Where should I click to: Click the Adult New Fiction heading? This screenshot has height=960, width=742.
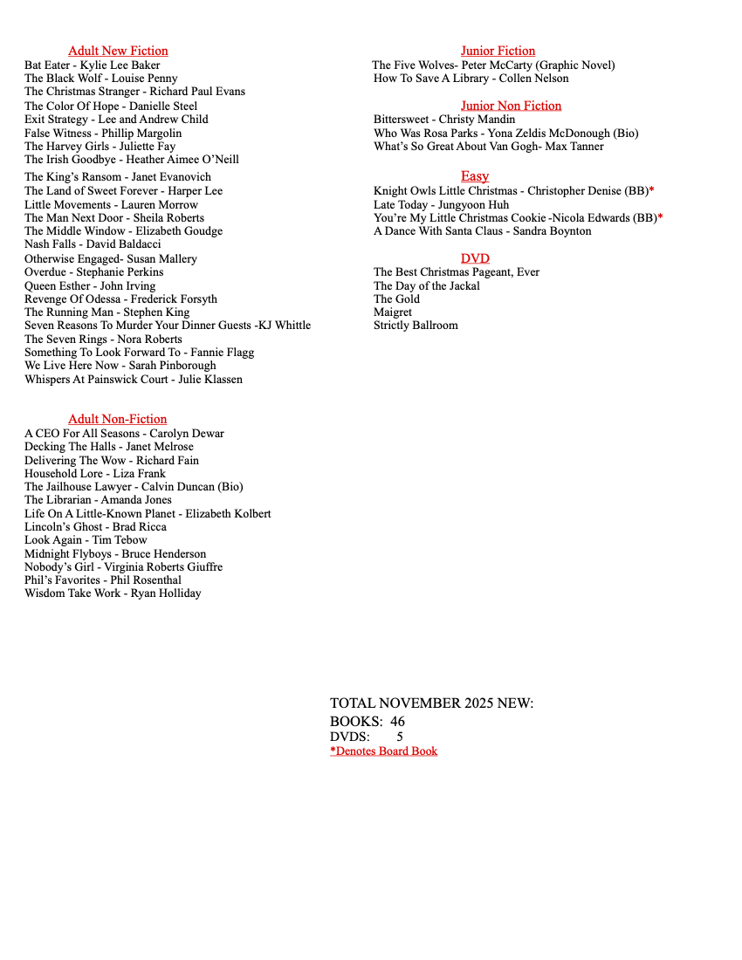[118, 51]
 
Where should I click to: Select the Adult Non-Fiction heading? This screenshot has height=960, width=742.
[117, 419]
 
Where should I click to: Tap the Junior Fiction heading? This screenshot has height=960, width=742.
[498, 51]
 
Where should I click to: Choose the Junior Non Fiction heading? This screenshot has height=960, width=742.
[511, 106]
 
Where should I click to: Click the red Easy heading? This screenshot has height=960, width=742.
[475, 176]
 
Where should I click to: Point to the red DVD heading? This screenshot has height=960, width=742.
[475, 258]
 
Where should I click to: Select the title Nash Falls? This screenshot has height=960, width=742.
[50, 244]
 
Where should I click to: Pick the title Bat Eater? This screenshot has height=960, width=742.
[49, 65]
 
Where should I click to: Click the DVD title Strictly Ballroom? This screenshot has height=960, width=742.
[416, 326]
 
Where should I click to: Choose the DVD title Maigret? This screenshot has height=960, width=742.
[393, 312]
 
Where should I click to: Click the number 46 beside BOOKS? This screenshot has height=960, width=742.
[397, 722]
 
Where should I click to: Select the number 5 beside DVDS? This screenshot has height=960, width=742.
[400, 737]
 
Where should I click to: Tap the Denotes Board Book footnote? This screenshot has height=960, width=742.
[383, 751]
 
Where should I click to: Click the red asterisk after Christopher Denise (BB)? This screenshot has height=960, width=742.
[651, 190]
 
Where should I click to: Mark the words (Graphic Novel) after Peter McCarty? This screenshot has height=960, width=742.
[575, 65]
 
